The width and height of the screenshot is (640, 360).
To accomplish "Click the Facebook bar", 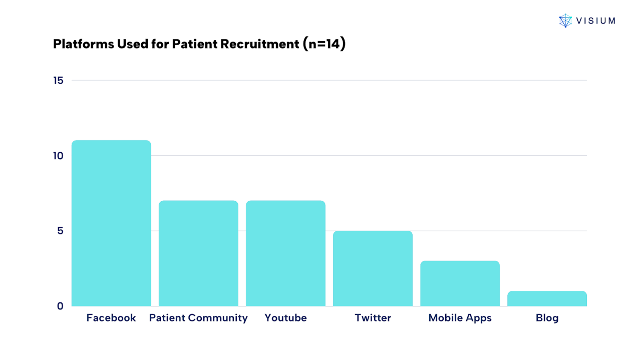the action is click(x=111, y=223).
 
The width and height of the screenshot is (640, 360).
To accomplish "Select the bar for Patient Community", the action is click(x=198, y=253).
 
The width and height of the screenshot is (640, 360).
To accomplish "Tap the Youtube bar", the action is click(x=285, y=253).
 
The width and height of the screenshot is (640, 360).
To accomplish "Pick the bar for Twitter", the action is click(x=373, y=268).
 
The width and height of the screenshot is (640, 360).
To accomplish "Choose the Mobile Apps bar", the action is click(x=460, y=283).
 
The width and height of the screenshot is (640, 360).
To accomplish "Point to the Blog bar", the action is click(x=547, y=298).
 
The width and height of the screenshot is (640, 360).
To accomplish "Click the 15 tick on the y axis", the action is click(x=58, y=81).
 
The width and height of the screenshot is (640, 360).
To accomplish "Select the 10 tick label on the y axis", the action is click(x=58, y=156).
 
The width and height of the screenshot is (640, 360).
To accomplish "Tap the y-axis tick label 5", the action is click(x=60, y=231).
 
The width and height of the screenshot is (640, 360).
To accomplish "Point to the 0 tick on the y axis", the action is click(x=60, y=306).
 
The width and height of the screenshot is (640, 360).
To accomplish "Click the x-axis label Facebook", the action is click(x=111, y=318).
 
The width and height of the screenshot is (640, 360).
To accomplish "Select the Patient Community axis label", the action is click(x=198, y=318).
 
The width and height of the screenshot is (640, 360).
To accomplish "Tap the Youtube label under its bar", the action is click(x=285, y=318).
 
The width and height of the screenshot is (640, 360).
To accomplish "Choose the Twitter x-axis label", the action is click(x=373, y=318).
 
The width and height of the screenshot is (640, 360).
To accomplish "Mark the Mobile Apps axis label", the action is click(x=460, y=318).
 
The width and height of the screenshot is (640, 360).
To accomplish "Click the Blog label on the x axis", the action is click(x=547, y=318).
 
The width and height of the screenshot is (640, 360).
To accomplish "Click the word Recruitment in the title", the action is click(x=260, y=44).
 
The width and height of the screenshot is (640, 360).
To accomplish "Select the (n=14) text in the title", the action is click(x=325, y=44).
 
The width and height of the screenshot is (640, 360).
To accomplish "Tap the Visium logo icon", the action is click(x=565, y=21).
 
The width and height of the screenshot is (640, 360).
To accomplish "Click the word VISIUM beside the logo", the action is click(x=596, y=21).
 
